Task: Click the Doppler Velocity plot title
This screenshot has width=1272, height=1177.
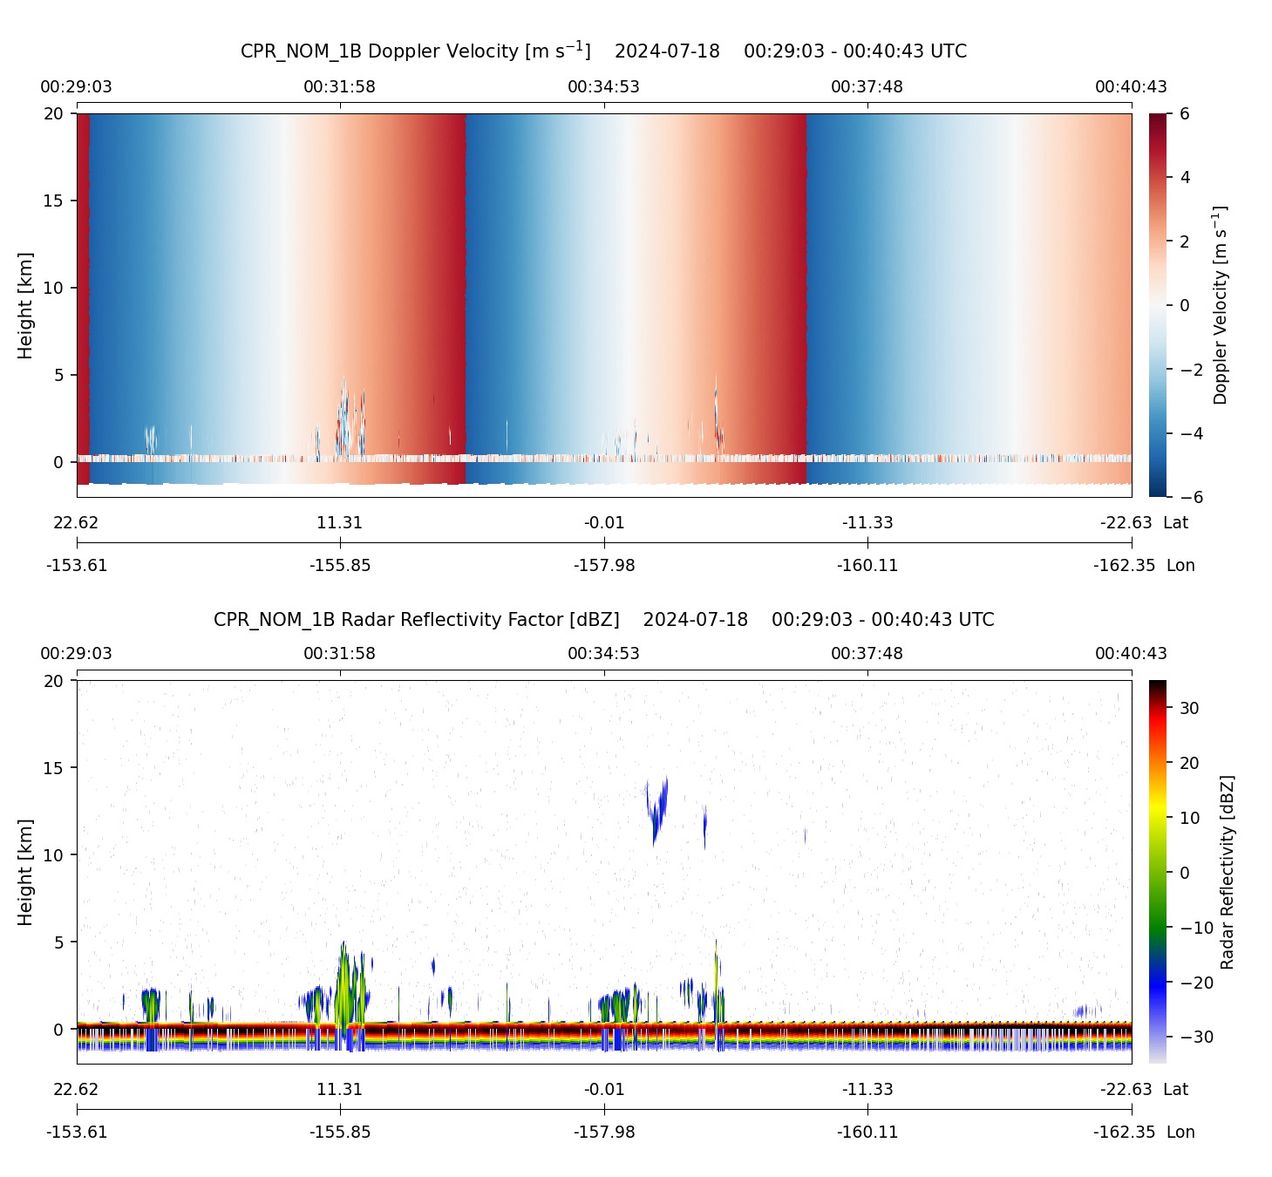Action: (603, 51)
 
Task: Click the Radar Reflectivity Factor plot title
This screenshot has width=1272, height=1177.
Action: (603, 620)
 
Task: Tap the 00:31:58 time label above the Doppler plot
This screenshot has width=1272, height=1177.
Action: (339, 87)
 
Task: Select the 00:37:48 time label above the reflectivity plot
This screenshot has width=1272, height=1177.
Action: (867, 654)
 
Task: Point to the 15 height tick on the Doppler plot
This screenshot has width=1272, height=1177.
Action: (54, 201)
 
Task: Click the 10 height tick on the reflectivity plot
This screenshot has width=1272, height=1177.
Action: (54, 855)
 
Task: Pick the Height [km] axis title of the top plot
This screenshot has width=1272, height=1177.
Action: (25, 305)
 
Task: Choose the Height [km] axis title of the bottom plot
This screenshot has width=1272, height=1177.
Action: (25, 872)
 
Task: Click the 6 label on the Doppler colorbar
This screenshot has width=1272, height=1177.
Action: (1184, 114)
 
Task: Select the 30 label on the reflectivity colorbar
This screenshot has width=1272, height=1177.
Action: (1189, 708)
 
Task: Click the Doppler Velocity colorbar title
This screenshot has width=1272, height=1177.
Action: (1220, 305)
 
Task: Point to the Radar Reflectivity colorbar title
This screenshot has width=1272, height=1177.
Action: (1228, 872)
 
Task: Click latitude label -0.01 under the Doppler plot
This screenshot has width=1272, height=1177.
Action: (604, 523)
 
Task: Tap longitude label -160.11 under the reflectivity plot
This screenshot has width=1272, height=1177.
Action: (867, 1132)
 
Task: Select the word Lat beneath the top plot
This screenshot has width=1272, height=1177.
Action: (1175, 523)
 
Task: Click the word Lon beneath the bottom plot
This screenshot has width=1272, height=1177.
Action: (1180, 1132)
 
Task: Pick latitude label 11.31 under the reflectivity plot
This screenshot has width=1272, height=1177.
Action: (339, 1090)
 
